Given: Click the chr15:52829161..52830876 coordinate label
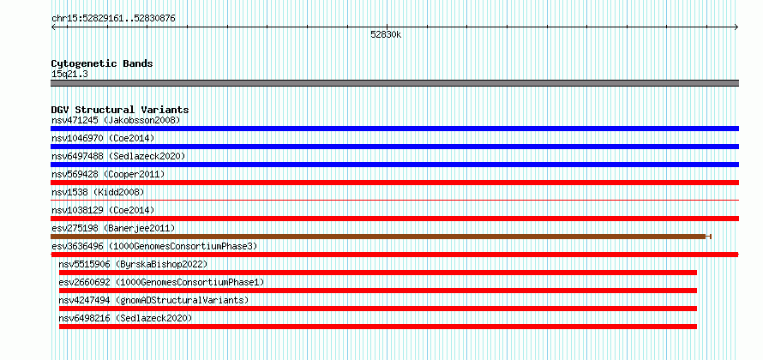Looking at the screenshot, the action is (x=113, y=19).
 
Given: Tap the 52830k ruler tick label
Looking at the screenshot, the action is (x=386, y=35).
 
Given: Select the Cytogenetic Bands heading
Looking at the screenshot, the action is (x=102, y=63).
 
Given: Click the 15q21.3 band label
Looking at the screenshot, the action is (x=69, y=75).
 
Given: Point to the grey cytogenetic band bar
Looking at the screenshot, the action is (x=394, y=83).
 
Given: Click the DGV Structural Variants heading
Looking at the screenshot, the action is (x=120, y=110).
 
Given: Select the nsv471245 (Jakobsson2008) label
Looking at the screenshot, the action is (x=116, y=120).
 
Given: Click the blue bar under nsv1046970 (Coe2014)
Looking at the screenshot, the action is (x=394, y=147).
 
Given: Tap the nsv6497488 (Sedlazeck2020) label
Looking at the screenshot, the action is (x=118, y=156).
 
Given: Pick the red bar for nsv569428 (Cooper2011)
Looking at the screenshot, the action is (x=394, y=183).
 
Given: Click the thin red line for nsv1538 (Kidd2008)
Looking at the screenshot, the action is (x=394, y=200).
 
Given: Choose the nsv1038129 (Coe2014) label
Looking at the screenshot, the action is (x=103, y=210).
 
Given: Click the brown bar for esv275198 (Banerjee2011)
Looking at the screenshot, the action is (x=381, y=237).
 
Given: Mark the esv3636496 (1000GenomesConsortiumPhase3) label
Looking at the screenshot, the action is (x=154, y=246).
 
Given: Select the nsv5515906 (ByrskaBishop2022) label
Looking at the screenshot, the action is (x=133, y=264).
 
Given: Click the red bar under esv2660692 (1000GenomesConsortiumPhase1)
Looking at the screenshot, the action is (x=378, y=291).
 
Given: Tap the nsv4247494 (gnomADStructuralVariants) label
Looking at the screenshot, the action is (x=153, y=300).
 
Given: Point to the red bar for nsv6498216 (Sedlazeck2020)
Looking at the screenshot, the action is (x=378, y=327).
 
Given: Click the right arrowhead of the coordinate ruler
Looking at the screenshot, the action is (x=736, y=27).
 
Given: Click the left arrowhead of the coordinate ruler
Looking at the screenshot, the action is (x=53, y=27).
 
